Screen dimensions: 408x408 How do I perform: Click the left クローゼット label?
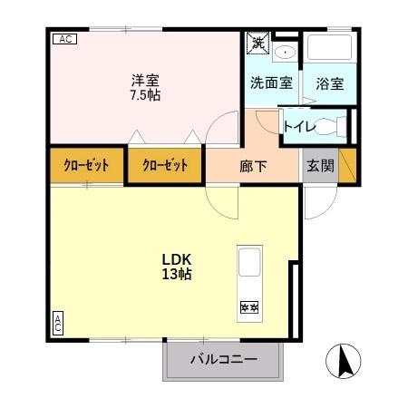(x=86, y=166)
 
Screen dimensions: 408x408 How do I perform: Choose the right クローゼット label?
(x=165, y=166)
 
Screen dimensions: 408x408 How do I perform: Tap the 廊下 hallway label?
(x=252, y=166)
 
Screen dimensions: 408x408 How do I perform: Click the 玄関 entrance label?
(x=320, y=166)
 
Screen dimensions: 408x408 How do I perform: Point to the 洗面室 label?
(x=271, y=83)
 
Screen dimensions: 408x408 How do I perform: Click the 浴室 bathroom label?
(x=329, y=83)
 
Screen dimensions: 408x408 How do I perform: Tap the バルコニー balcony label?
(x=223, y=359)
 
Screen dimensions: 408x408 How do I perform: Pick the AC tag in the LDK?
(x=57, y=323)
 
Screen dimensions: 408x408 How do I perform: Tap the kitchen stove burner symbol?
(x=248, y=308)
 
